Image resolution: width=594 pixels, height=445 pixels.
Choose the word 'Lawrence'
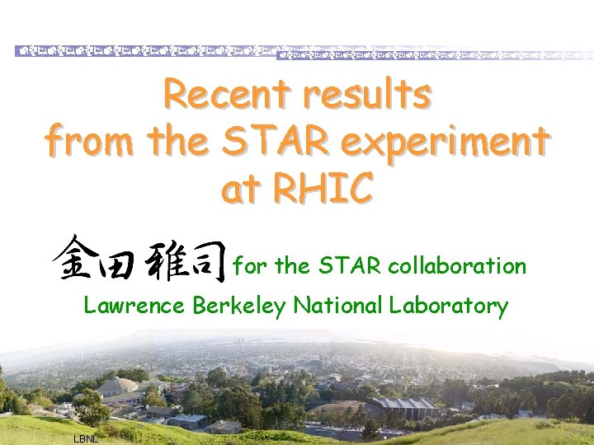(x=134, y=306)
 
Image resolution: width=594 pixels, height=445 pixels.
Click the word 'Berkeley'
(x=238, y=306)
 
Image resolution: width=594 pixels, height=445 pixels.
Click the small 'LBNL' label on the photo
(x=86, y=438)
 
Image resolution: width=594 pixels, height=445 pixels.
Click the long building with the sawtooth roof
(x=402, y=405)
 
